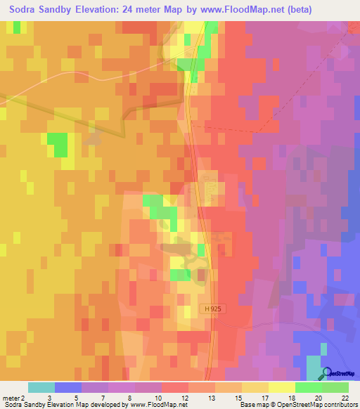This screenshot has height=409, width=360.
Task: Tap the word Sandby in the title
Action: (x=58, y=10)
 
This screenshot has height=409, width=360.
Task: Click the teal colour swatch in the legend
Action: (x=41, y=387)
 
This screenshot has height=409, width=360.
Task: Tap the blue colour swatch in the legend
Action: (x=67, y=387)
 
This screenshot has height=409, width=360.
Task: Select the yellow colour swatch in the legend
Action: (x=281, y=387)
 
